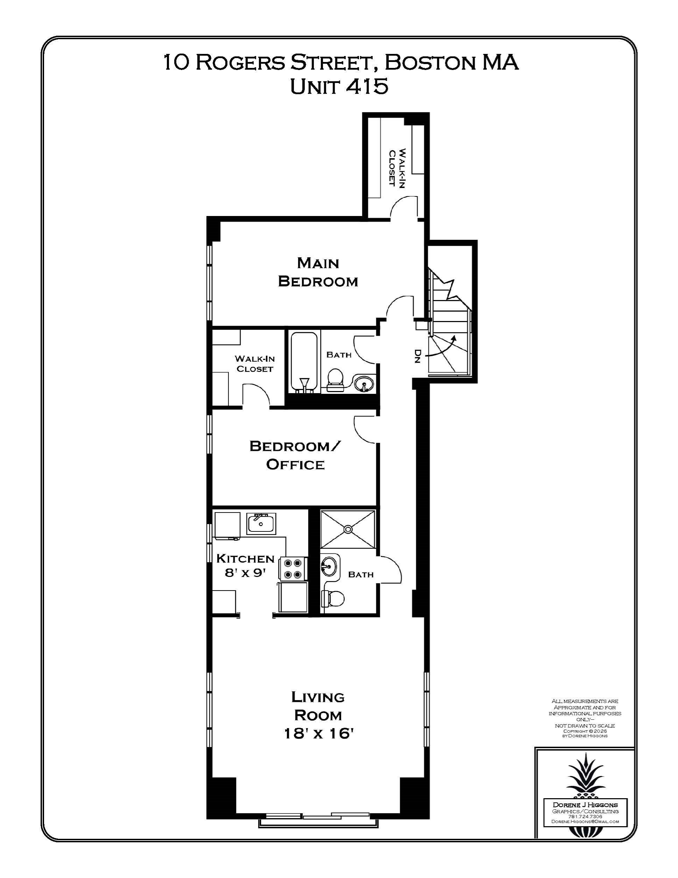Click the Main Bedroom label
point(318,272)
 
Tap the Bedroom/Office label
point(295,455)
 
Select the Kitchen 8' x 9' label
point(245,565)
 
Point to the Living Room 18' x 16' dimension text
point(318,734)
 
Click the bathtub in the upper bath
point(304,361)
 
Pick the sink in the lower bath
point(329,567)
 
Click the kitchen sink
point(261,523)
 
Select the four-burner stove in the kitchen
point(293,569)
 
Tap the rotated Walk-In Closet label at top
point(397,168)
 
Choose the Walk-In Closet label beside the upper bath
point(255,363)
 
